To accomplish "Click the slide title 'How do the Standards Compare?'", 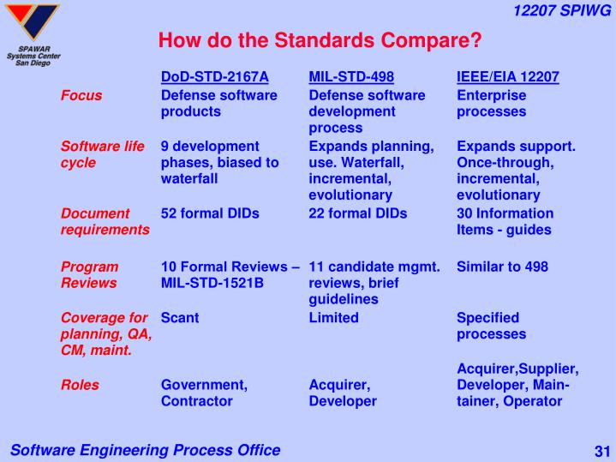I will [x=320, y=40].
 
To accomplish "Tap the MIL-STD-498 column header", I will [x=351, y=77].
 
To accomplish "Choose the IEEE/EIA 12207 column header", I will [x=508, y=77].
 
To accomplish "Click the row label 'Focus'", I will [x=81, y=95].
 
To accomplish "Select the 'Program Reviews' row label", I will [x=90, y=274].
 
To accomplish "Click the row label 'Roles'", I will [x=80, y=385].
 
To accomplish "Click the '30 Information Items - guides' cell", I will [x=505, y=221].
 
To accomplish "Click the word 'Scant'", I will [x=180, y=317].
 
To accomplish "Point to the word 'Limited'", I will [x=334, y=317].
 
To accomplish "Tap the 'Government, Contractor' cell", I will [x=204, y=393].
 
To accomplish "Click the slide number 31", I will [x=600, y=451].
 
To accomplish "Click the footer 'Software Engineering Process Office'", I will [x=145, y=450].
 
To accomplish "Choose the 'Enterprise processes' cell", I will [x=492, y=104].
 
